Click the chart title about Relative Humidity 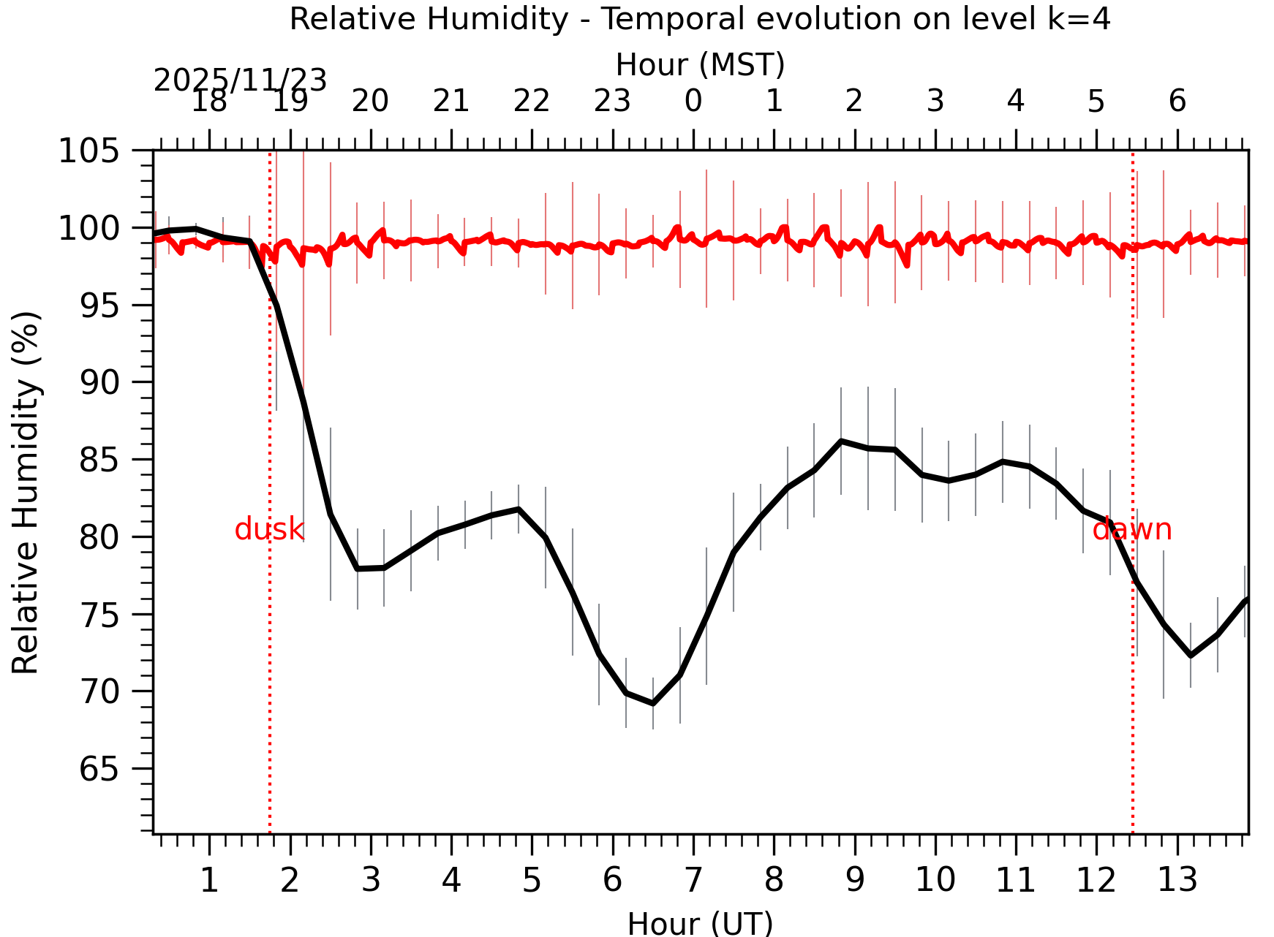tap(700, 19)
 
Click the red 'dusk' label tap(268, 529)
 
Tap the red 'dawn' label tap(1131, 529)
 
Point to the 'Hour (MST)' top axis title tap(700, 65)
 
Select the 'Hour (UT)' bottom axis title tap(700, 923)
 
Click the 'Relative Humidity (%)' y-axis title tap(26, 492)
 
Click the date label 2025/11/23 tap(240, 80)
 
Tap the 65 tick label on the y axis tap(99, 769)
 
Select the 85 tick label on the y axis tap(99, 460)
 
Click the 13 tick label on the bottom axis tap(1177, 880)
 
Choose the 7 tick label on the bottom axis tap(693, 880)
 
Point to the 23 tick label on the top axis tap(612, 101)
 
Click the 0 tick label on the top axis tap(693, 101)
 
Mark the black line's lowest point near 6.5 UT tap(652, 703)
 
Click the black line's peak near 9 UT tap(841, 441)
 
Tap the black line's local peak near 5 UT tap(519, 509)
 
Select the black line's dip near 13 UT tap(1191, 656)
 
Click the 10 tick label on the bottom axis tap(935, 880)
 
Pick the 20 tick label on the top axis tap(370, 101)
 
